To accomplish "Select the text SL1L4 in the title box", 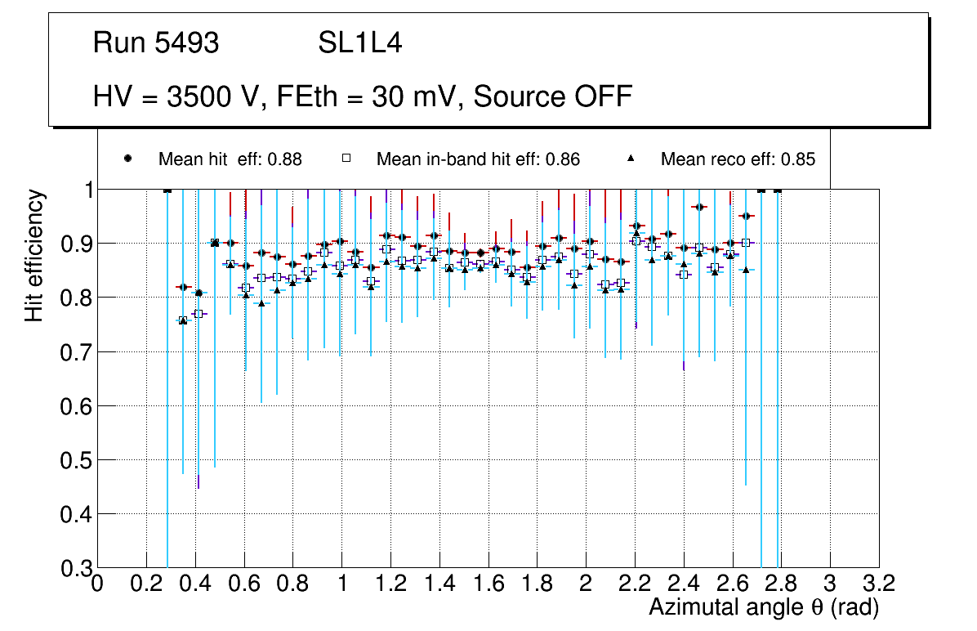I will click(x=360, y=43).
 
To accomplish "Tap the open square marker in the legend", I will click(x=346, y=159).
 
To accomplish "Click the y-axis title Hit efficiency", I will click(x=34, y=255).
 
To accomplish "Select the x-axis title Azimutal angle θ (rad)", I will click(x=763, y=607).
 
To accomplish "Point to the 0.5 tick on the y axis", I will click(x=74, y=460).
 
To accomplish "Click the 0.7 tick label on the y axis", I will click(x=74, y=352).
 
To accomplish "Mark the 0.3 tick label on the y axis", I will click(x=74, y=568).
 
